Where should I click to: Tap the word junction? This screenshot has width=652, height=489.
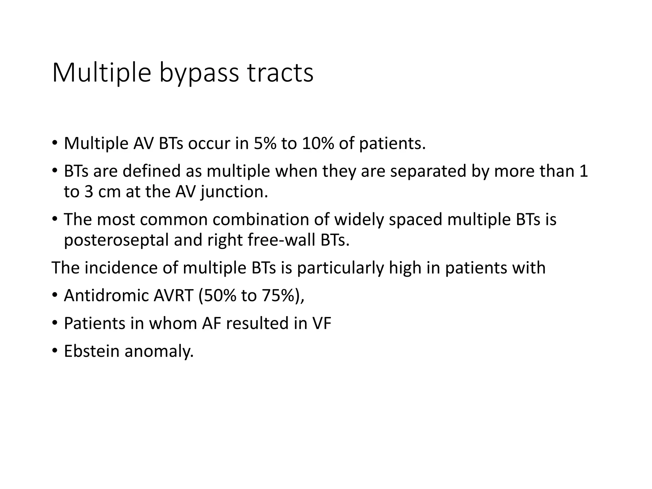point(234,192)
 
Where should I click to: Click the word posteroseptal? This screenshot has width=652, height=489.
point(116,240)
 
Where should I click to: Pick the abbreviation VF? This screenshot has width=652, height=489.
point(322,323)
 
